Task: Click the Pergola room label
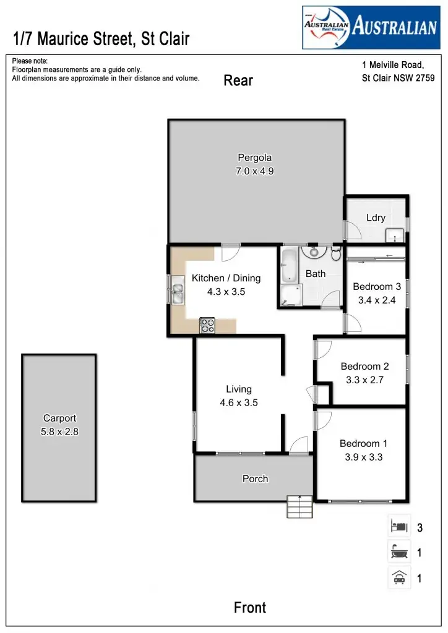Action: tap(255, 158)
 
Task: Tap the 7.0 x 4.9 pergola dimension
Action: tap(255, 171)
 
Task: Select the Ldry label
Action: tap(376, 218)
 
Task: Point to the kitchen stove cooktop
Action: tap(207, 325)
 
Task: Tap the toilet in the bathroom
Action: tap(336, 253)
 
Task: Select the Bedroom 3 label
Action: tap(377, 287)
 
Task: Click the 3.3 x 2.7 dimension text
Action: tap(364, 380)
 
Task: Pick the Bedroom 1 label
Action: tap(364, 444)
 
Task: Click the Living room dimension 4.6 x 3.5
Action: tap(239, 402)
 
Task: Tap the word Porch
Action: tap(255, 479)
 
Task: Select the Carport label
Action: tap(59, 418)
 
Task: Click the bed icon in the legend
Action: tap(399, 527)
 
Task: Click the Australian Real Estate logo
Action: tap(369, 27)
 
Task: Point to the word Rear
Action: tap(238, 80)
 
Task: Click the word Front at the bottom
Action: tap(250, 608)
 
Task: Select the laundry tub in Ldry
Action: tap(394, 236)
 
